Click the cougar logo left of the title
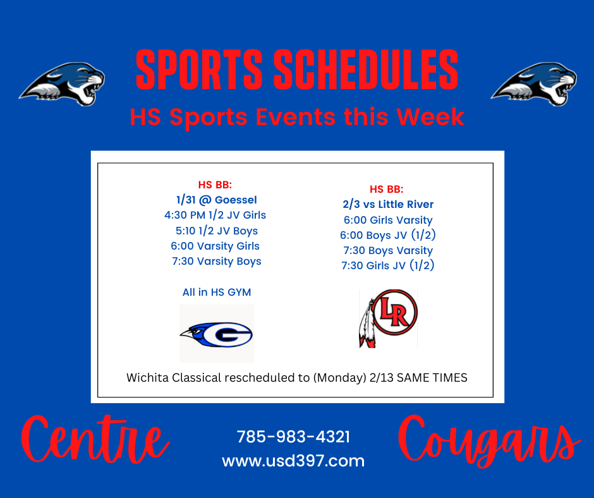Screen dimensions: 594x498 [x=62, y=84]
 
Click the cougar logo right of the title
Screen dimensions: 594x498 [x=534, y=84]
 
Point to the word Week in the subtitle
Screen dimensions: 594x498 [x=430, y=117]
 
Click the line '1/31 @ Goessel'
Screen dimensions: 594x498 [x=216, y=200]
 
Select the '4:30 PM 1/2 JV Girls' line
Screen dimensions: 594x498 [x=215, y=216]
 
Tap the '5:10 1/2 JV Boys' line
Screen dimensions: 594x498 [x=217, y=231]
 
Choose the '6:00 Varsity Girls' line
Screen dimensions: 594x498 [x=215, y=246]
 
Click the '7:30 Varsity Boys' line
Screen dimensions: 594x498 [x=217, y=262]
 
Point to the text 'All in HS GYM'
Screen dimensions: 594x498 [x=217, y=292]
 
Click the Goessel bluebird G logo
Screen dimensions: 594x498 [x=216, y=334]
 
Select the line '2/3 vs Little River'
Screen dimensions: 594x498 [x=388, y=204]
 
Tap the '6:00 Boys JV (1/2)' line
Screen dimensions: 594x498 [x=388, y=235]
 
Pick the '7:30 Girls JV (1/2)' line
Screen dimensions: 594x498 [x=388, y=265]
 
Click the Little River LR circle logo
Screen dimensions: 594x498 [x=388, y=319]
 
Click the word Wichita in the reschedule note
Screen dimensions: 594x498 [x=147, y=378]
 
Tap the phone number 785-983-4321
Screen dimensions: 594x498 [x=293, y=437]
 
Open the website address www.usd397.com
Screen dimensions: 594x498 [x=293, y=461]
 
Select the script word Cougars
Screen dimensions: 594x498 [x=488, y=442]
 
